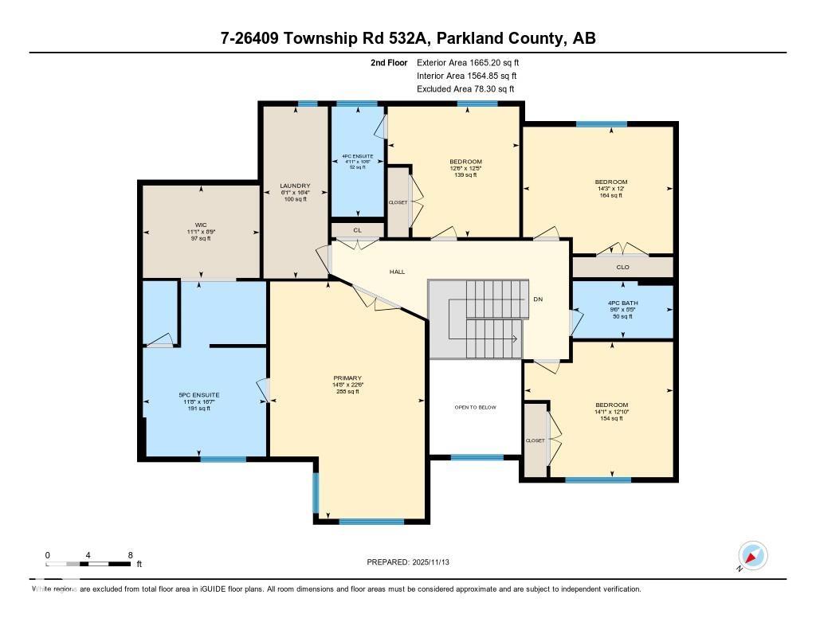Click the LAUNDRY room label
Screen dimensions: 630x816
[294, 186]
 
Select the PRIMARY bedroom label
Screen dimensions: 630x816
[348, 378]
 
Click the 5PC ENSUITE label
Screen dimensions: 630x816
[199, 395]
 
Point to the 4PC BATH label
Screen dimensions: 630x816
[622, 303]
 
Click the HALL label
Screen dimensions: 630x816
[397, 272]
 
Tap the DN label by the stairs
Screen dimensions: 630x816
[538, 299]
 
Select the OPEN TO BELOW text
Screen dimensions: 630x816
[475, 407]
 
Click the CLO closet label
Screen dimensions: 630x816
[623, 267]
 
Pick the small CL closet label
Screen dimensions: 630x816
[358, 230]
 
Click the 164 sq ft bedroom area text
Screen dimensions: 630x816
[611, 195]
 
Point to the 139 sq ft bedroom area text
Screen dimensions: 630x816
[465, 175]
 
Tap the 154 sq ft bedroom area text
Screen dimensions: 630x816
[611, 418]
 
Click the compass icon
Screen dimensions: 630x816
[752, 555]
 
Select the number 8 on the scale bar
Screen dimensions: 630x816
[130, 555]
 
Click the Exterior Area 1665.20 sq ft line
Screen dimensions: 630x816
[468, 62]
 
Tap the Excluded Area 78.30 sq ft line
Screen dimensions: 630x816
[465, 89]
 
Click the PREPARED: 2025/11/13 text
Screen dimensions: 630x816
[408, 562]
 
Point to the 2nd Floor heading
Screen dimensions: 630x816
[389, 62]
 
